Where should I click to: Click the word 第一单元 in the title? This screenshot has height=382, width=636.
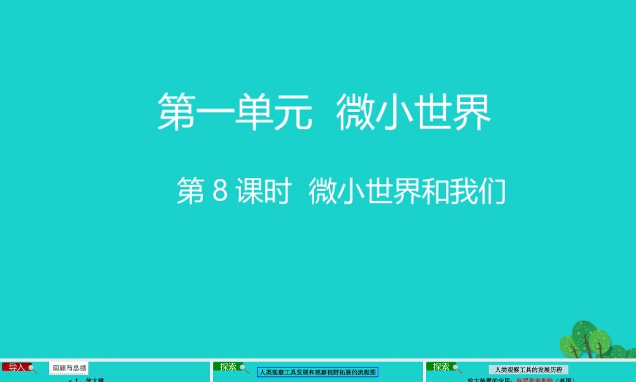click(235, 113)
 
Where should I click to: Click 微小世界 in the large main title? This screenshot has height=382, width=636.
click(414, 113)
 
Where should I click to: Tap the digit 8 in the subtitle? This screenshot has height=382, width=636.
click(219, 192)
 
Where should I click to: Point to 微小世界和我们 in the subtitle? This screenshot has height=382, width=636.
click(407, 192)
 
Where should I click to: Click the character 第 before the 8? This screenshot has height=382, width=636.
click(189, 192)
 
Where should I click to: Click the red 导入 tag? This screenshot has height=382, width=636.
click(17, 367)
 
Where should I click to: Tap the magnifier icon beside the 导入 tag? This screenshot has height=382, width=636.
click(33, 369)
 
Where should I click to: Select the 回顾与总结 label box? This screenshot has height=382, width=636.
click(69, 368)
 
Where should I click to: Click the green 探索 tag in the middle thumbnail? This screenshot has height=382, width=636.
click(228, 367)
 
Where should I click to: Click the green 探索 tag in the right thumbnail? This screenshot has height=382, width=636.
click(441, 367)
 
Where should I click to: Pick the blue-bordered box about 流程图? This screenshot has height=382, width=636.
click(318, 372)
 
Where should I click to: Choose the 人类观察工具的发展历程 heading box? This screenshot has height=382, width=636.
click(529, 369)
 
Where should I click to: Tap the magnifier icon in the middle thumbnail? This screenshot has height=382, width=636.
click(244, 369)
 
